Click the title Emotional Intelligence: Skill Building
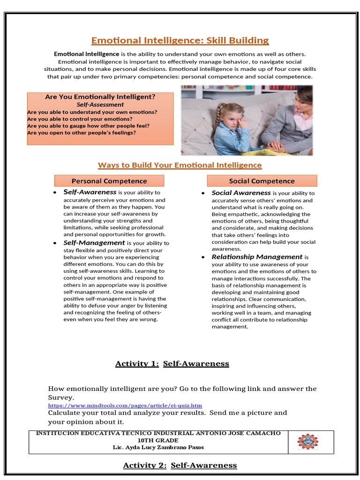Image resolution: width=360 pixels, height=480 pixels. [x=180, y=40]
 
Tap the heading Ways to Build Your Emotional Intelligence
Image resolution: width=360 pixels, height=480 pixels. [x=180, y=165]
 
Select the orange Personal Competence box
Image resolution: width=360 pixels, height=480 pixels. [x=109, y=181]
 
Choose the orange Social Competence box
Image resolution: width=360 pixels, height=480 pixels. [x=262, y=181]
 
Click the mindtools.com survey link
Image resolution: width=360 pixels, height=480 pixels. [x=125, y=405]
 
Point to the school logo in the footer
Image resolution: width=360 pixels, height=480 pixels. [x=308, y=442]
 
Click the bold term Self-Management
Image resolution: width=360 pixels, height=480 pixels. [x=94, y=243]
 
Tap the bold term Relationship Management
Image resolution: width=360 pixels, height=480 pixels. [x=257, y=257]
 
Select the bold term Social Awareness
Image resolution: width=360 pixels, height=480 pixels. [x=241, y=193]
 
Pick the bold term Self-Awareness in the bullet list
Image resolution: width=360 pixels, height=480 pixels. [x=90, y=192]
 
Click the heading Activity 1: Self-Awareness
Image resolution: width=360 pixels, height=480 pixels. [x=172, y=364]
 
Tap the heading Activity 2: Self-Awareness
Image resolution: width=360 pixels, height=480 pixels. [x=180, y=465]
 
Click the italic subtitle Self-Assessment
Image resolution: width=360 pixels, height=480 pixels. [x=100, y=105]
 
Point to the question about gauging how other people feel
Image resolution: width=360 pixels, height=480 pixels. [x=89, y=126]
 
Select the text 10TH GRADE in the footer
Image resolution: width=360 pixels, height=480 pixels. [x=158, y=441]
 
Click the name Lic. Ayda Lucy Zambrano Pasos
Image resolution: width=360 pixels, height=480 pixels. [x=158, y=447]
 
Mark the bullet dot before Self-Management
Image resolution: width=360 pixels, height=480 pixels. [x=55, y=243]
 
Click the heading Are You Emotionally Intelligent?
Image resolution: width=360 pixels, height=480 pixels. [x=100, y=97]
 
